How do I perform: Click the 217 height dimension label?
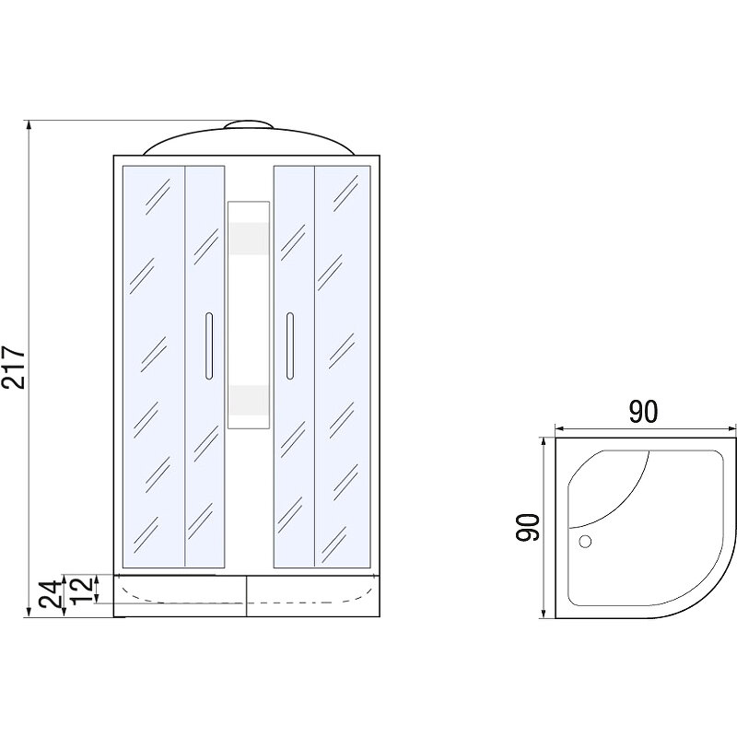[13, 368]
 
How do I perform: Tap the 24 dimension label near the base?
[51, 594]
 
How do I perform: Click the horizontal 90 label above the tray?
[643, 412]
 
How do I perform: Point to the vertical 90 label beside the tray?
[527, 527]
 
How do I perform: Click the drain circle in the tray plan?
[585, 542]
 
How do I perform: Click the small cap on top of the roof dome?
[248, 124]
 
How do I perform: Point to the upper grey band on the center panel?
[249, 239]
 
